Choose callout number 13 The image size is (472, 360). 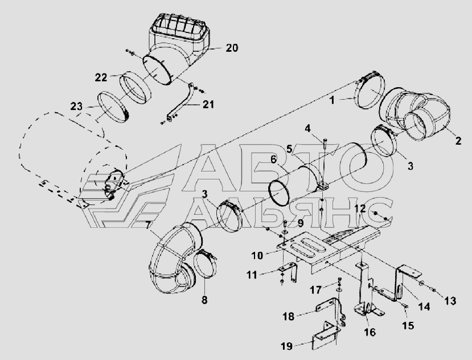coord(450,300)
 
